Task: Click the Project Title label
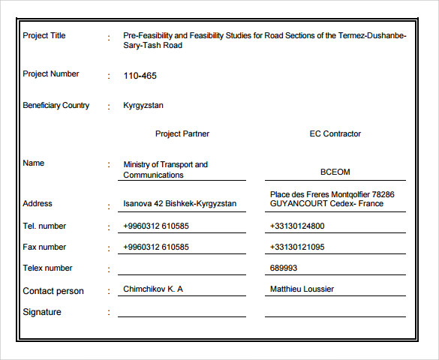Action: coord(44,35)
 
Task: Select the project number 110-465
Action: coord(140,76)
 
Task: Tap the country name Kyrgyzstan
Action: coord(143,106)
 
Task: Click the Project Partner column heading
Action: coord(182,134)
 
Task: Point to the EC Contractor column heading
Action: coord(335,134)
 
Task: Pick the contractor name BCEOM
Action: coord(335,172)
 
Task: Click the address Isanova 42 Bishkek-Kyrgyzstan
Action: coord(180,204)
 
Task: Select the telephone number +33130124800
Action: coord(297,226)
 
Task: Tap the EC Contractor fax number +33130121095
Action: coord(297,247)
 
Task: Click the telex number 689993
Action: coord(284,268)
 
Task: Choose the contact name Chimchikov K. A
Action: coord(153,289)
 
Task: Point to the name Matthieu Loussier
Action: coord(302,289)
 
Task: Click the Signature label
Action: coord(42,312)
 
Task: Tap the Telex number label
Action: coord(48,268)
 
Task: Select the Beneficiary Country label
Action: coord(56,106)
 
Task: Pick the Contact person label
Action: coord(53,291)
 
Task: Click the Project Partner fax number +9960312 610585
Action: coord(156,247)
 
